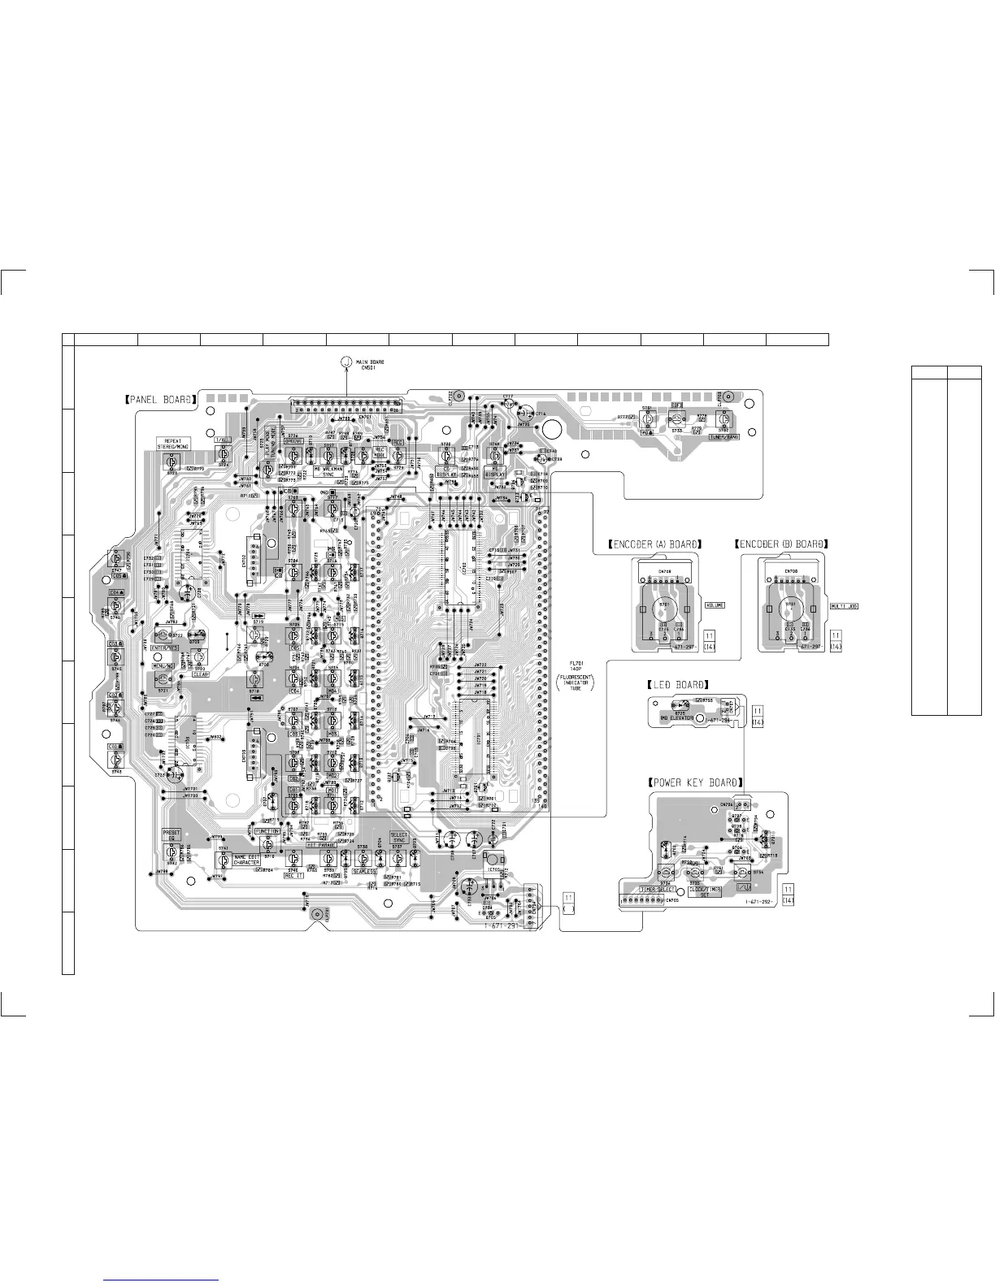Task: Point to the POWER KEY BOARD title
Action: click(x=695, y=782)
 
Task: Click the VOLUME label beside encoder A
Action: click(x=715, y=605)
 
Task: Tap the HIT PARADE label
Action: click(x=322, y=845)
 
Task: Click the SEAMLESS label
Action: click(x=363, y=871)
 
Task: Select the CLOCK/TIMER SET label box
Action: click(x=704, y=891)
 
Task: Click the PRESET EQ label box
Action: click(x=171, y=834)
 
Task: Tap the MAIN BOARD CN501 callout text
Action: click(x=370, y=364)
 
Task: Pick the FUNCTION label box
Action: click(x=267, y=832)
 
